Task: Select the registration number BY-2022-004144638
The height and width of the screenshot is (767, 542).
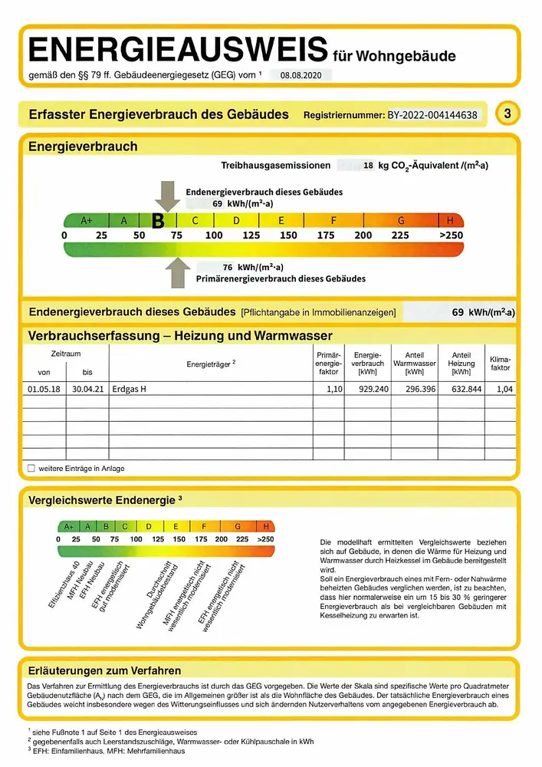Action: click(432, 115)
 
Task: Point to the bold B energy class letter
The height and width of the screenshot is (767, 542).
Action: click(158, 221)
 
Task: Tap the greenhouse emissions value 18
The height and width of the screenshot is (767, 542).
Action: click(368, 165)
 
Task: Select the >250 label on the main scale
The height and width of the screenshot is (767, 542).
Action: click(452, 235)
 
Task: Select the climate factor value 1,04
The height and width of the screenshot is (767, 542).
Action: click(502, 389)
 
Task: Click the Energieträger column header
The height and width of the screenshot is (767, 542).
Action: click(211, 364)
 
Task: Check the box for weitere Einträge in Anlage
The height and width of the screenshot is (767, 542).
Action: click(31, 468)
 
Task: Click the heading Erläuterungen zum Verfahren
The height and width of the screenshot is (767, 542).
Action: click(104, 670)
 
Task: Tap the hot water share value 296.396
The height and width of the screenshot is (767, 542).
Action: click(415, 389)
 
